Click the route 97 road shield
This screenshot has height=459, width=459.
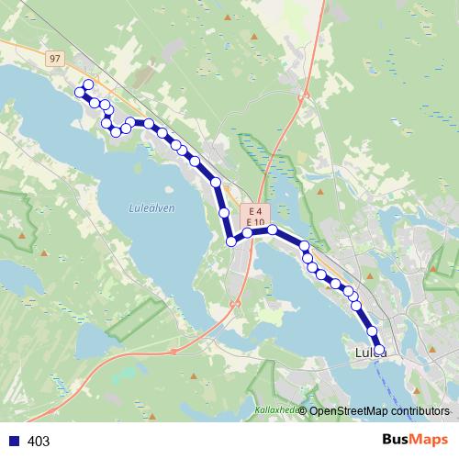click(x=55, y=59)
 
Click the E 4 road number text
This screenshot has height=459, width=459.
click(x=254, y=211)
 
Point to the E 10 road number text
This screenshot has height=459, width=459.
click(x=255, y=223)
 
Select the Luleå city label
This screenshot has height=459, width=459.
click(x=369, y=353)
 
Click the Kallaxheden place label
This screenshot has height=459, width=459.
click(x=275, y=410)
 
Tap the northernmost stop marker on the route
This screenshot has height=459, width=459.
click(x=88, y=85)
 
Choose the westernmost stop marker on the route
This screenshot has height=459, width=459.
click(x=79, y=92)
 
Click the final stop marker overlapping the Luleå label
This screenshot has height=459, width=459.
click(x=379, y=350)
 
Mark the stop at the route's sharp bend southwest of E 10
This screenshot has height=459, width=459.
click(x=231, y=241)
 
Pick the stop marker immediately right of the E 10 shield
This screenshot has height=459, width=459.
click(x=273, y=230)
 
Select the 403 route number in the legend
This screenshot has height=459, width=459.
click(x=39, y=442)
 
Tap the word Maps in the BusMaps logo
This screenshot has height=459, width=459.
click(x=429, y=440)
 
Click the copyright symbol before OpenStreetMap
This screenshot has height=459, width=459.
click(x=303, y=411)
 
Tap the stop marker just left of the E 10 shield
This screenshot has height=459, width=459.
click(x=248, y=233)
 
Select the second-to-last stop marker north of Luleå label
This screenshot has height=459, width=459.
click(x=373, y=331)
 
